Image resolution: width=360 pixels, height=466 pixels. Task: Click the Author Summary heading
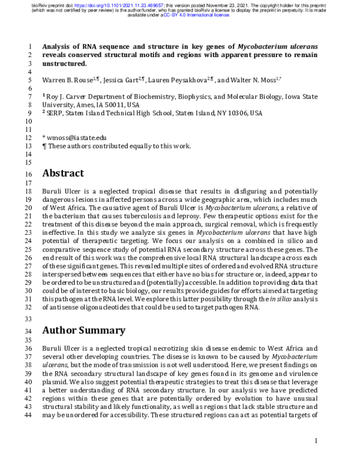84,330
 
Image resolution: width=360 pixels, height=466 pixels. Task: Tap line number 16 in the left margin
31,174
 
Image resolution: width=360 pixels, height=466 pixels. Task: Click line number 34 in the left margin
31,331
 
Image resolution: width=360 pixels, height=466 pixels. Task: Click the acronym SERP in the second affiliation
56,112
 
